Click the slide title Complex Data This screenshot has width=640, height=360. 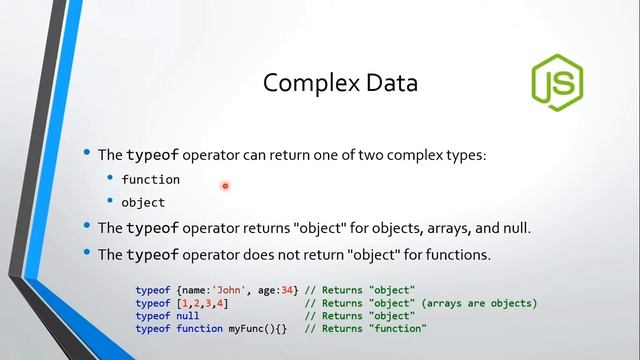340,82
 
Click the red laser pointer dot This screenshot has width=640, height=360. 225,185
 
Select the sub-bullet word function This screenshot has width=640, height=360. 150,179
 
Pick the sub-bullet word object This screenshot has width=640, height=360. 143,202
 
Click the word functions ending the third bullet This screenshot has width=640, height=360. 459,254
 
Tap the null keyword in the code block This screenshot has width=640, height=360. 186,316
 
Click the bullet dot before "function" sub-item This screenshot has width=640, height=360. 111,179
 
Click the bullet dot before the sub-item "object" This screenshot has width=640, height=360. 111,202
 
